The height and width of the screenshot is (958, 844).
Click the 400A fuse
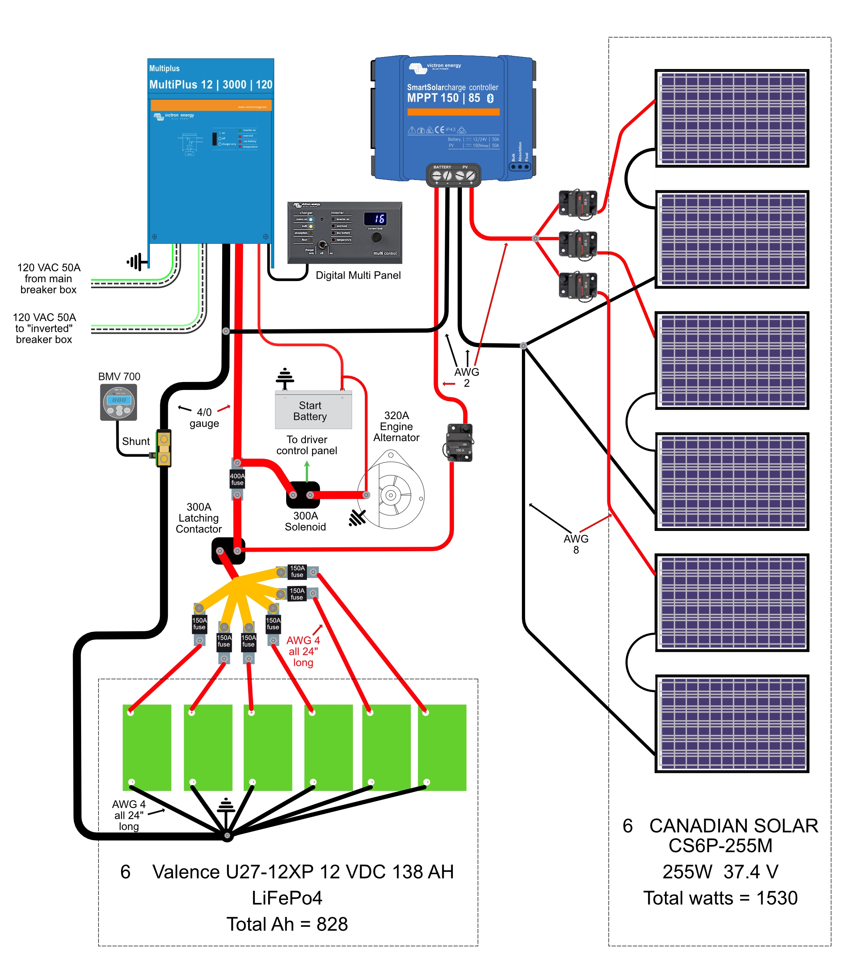[237, 479]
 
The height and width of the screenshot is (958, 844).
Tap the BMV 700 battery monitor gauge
[118, 402]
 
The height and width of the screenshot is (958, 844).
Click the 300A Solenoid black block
[303, 495]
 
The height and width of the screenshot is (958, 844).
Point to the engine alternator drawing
[390, 492]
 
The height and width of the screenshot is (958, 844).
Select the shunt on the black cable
[164, 448]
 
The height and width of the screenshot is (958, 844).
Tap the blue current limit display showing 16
[375, 218]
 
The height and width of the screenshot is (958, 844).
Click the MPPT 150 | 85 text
[443, 98]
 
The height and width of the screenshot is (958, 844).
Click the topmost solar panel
[731, 118]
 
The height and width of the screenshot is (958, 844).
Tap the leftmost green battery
[147, 747]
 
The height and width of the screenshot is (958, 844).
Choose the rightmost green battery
[442, 747]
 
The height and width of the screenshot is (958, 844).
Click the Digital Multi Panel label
[358, 275]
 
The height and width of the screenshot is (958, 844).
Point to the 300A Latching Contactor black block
[228, 551]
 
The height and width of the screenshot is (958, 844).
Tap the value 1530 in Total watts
[776, 898]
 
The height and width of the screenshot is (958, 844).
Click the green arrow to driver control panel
[307, 471]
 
